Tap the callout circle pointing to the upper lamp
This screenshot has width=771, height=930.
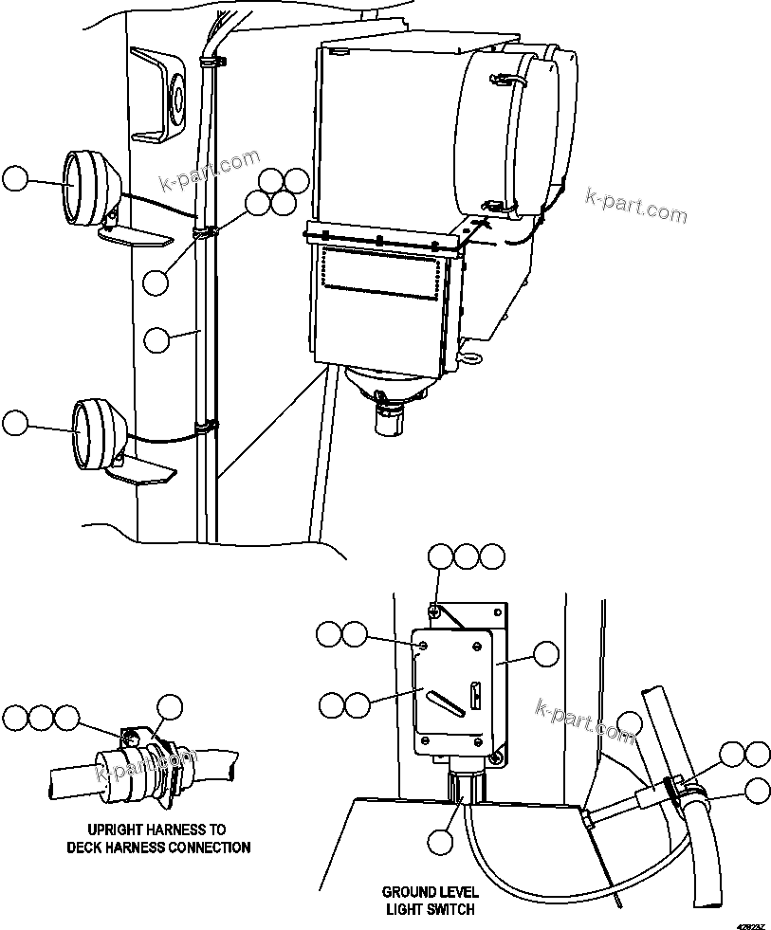point(15,179)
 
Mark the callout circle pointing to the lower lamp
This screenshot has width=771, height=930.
point(15,423)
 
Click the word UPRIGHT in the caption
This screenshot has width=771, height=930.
point(117,830)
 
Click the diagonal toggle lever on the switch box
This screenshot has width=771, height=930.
point(447,702)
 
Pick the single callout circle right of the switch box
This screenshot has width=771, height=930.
point(546,654)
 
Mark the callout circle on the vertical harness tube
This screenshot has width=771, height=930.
point(157,341)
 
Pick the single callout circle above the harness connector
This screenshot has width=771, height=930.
point(170,705)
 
